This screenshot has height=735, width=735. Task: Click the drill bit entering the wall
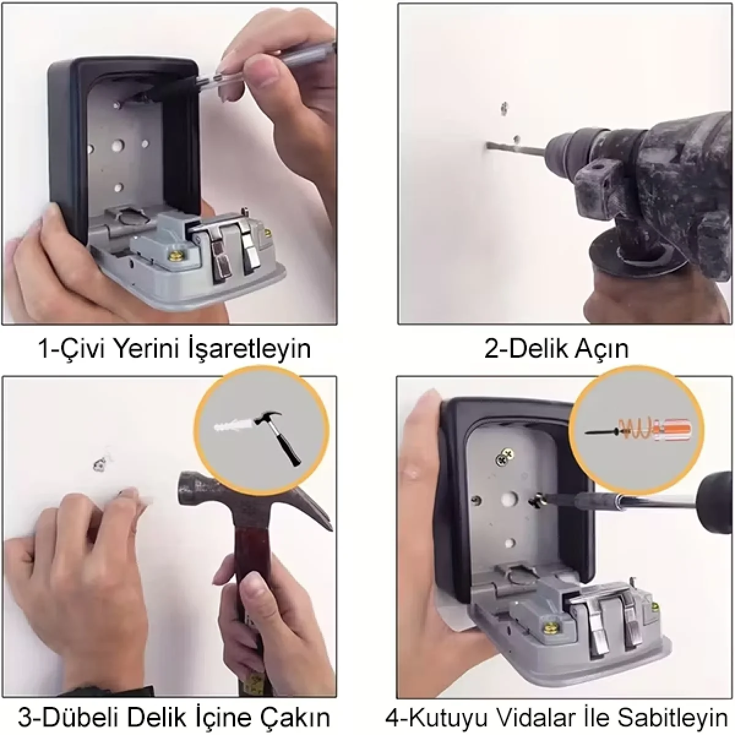point(516,148)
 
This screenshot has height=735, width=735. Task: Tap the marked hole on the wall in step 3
point(100,464)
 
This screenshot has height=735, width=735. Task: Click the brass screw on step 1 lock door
point(176,252)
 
